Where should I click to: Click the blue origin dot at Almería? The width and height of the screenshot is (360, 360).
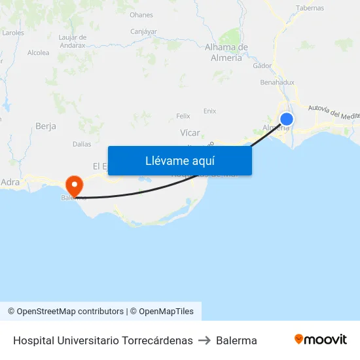(287, 118)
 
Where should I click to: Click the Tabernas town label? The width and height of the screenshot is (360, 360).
(310, 9)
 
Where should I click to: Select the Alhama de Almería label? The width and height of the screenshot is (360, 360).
(226, 52)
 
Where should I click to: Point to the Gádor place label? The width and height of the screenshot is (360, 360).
(262, 65)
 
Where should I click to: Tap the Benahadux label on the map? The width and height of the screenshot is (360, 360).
(277, 83)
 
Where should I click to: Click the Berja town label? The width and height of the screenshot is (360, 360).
(46, 126)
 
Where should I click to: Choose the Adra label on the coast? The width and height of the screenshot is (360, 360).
(10, 182)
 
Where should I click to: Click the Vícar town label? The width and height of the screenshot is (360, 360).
(190, 133)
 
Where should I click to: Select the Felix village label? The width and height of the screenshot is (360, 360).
(183, 116)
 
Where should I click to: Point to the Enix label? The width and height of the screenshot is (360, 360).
(209, 111)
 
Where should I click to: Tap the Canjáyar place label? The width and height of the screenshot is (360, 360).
(143, 31)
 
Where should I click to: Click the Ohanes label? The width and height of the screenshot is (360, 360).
(141, 14)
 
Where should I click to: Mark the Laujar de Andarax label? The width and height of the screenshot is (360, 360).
(72, 41)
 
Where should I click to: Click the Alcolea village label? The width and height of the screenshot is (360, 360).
(38, 53)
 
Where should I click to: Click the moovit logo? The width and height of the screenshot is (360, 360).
(320, 340)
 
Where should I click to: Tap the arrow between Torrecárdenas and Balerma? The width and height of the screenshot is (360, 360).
(204, 340)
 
